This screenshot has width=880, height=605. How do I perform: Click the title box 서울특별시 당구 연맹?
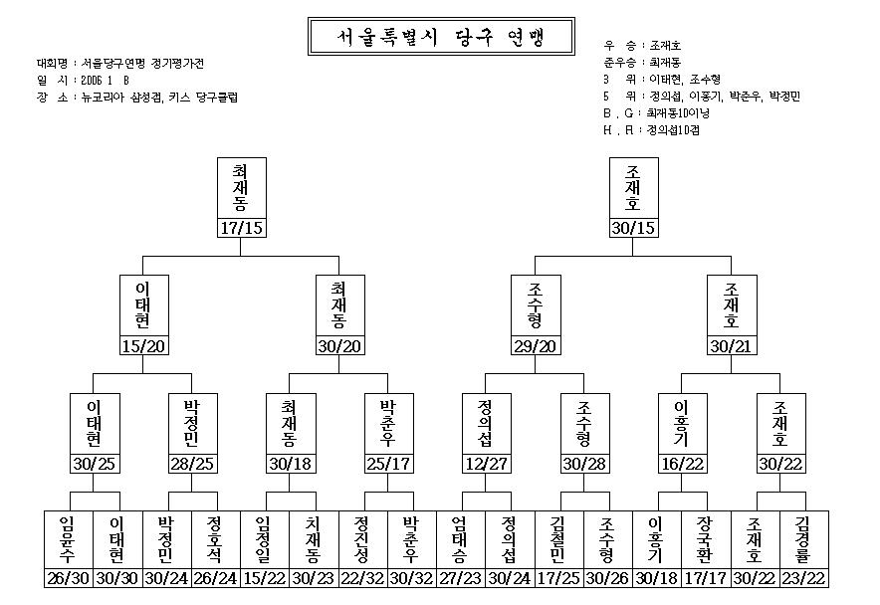pos(441,37)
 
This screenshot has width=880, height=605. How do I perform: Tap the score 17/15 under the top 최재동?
pos(241,228)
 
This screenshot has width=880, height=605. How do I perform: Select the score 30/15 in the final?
pos(634,228)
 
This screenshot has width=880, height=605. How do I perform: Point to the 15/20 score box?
pos(143,345)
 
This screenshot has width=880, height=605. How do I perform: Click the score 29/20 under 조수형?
pos(536,345)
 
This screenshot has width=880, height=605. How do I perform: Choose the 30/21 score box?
pos(732,345)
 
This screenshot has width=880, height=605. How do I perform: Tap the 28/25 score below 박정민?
pos(192,464)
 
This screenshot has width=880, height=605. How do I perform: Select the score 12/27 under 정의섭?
pos(487,464)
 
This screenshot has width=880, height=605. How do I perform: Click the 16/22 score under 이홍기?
pos(683,464)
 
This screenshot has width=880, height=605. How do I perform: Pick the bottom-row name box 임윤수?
pos(69,539)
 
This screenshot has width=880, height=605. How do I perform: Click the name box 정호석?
pos(215,539)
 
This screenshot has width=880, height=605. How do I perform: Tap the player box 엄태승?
pos(460,539)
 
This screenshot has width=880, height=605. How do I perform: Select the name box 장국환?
pos(706,539)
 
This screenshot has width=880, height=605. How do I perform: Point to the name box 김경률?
pos(803,539)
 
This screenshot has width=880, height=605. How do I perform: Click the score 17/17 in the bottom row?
pos(706,578)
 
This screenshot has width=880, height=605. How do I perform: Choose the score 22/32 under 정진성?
pos(362,578)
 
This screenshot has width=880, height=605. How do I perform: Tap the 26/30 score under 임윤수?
pos(69,578)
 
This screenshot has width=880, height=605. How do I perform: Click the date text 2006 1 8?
pos(106,81)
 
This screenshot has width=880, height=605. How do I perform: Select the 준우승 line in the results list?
pos(642,63)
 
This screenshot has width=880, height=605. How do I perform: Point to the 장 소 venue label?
pos(52,98)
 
